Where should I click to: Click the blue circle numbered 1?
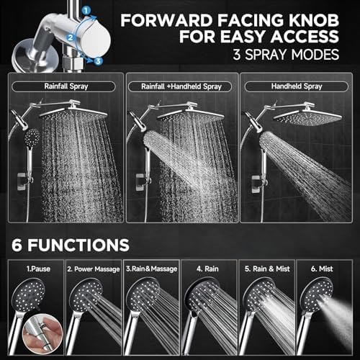point(86,11)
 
